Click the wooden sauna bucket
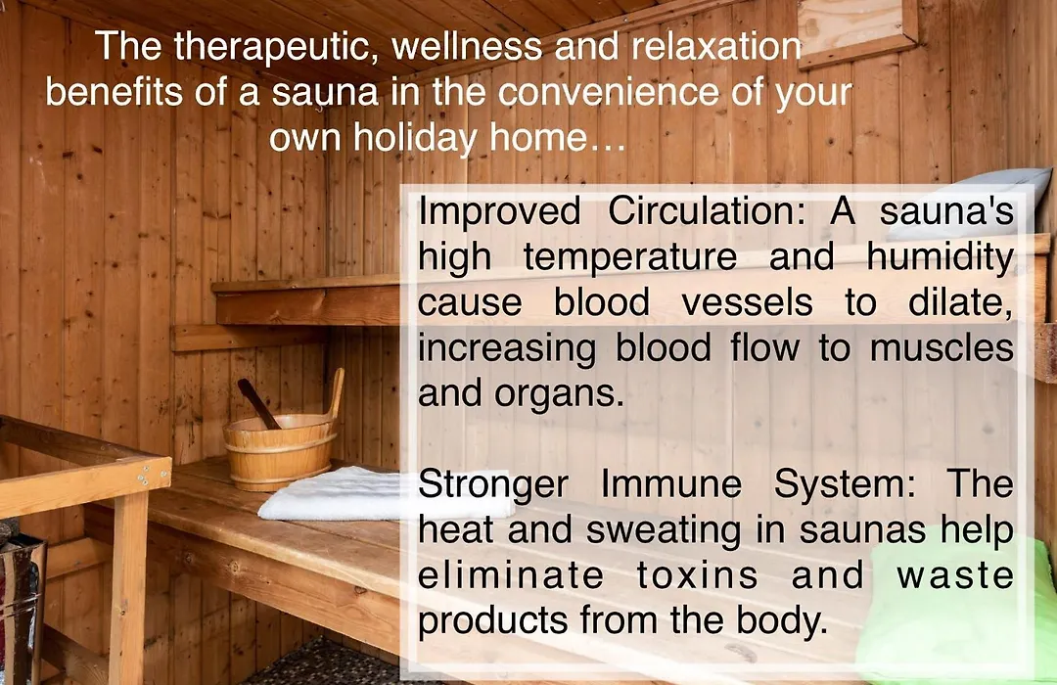pos(280,448)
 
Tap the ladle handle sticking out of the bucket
pos(258,403)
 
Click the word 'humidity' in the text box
pos(940,257)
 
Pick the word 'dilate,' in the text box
pos(961,302)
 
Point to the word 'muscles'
pos(942,348)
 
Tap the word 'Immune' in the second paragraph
pos(670,483)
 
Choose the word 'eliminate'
pos(511,575)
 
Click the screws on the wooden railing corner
pos(143,478)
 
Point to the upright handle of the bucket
pos(336,394)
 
